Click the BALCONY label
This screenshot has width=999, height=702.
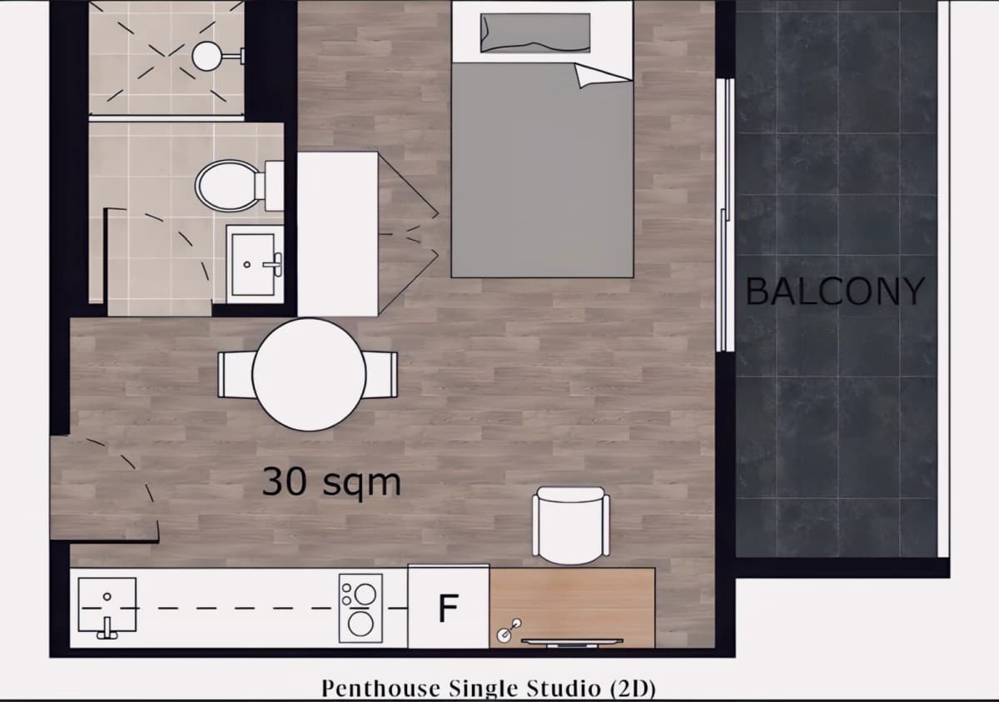click(x=835, y=291)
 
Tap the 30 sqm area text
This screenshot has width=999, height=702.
click(x=331, y=482)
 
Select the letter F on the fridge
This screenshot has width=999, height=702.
click(x=448, y=607)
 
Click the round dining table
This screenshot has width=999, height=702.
click(x=309, y=375)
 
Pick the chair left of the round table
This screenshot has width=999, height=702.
click(x=236, y=375)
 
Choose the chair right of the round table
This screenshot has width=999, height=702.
click(x=381, y=375)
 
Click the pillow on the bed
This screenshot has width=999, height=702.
click(x=535, y=33)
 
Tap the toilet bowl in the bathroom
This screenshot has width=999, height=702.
click(x=228, y=186)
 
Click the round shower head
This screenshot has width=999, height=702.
click(x=206, y=56)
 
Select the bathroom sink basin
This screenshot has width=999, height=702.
click(x=253, y=265)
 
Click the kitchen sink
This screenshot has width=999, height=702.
click(x=107, y=605)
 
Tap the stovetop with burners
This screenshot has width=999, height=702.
click(x=360, y=608)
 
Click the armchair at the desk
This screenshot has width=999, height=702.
click(x=571, y=525)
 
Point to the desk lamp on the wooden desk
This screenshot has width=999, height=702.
click(x=509, y=630)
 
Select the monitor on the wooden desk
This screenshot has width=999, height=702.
click(x=572, y=642)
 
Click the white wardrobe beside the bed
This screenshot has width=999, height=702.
click(x=338, y=235)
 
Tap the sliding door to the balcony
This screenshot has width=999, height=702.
click(x=725, y=215)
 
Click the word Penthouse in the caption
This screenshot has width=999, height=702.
click(x=382, y=688)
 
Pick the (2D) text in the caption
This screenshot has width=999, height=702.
click(x=633, y=689)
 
